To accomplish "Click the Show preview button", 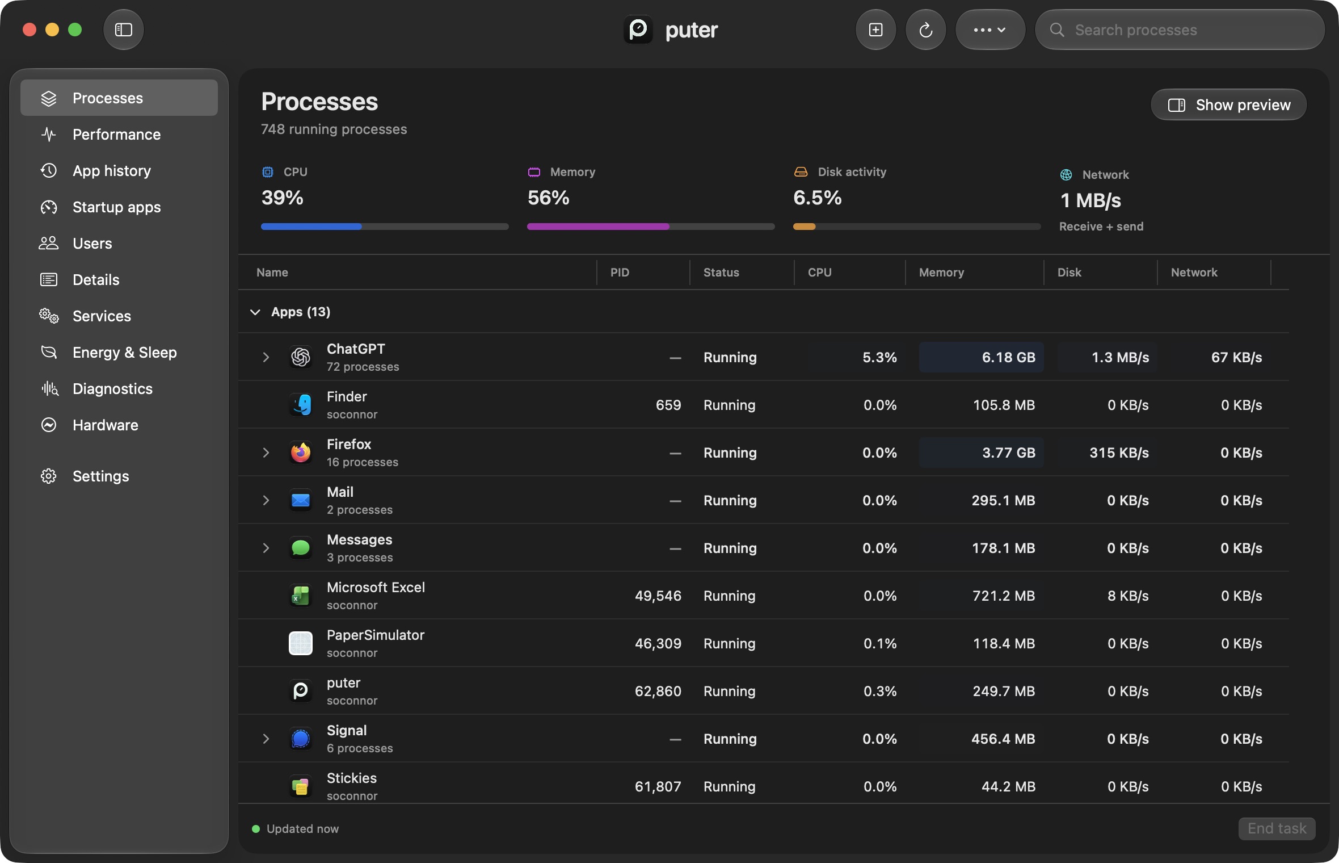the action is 1228,105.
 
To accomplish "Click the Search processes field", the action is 1180,30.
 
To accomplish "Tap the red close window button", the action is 30,30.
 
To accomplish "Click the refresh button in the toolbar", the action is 925,30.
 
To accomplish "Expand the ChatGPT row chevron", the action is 266,357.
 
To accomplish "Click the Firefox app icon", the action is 301,453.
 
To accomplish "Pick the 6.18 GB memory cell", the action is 981,357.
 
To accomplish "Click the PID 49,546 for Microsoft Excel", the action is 658,596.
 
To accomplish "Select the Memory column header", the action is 941,273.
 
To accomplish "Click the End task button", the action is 1277,828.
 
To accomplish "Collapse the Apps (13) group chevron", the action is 255,312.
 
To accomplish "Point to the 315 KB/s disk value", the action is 1119,453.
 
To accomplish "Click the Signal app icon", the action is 301,739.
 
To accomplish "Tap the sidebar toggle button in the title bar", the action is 124,30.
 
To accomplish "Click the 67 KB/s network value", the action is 1236,357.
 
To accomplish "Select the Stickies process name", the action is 352,778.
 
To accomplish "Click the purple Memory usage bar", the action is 598,227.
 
